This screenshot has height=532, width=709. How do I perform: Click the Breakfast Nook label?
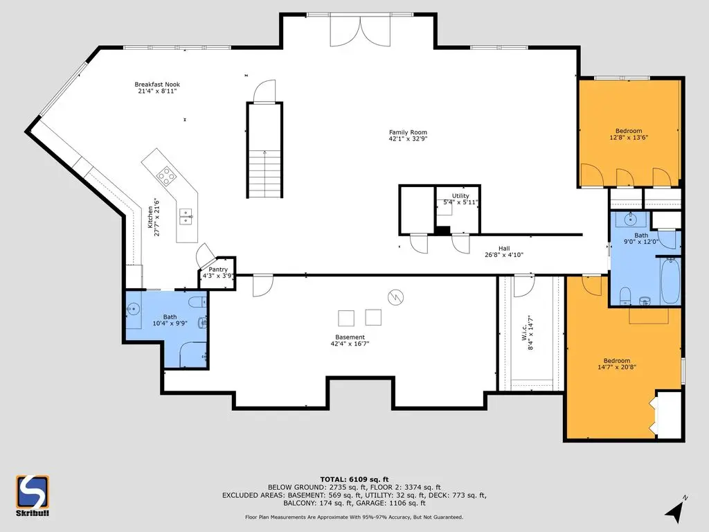click(157, 84)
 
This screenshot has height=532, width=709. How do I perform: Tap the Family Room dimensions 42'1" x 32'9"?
click(408, 139)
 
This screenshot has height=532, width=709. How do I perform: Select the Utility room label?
click(460, 196)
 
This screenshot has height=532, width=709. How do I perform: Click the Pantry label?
click(218, 269)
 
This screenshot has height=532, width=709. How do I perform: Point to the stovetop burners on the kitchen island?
click(166, 176)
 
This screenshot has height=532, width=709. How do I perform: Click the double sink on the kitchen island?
click(186, 217)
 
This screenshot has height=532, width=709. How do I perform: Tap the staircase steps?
click(264, 174)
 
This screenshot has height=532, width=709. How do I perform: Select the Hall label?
click(504, 249)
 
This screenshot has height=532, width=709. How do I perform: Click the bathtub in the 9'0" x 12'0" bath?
click(670, 281)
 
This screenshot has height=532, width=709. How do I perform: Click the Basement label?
click(350, 337)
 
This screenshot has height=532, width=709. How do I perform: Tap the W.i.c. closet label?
click(524, 333)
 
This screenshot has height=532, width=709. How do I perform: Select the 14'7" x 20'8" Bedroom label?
click(617, 360)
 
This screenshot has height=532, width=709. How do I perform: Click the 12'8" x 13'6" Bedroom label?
click(629, 131)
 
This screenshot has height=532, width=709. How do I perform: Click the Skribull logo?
click(33, 495)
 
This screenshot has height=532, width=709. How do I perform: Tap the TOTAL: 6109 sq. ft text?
click(354, 479)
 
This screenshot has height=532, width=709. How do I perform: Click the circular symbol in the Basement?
click(395, 297)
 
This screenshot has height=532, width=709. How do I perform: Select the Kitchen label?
click(150, 217)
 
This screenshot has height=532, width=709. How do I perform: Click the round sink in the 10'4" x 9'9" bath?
click(134, 310)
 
